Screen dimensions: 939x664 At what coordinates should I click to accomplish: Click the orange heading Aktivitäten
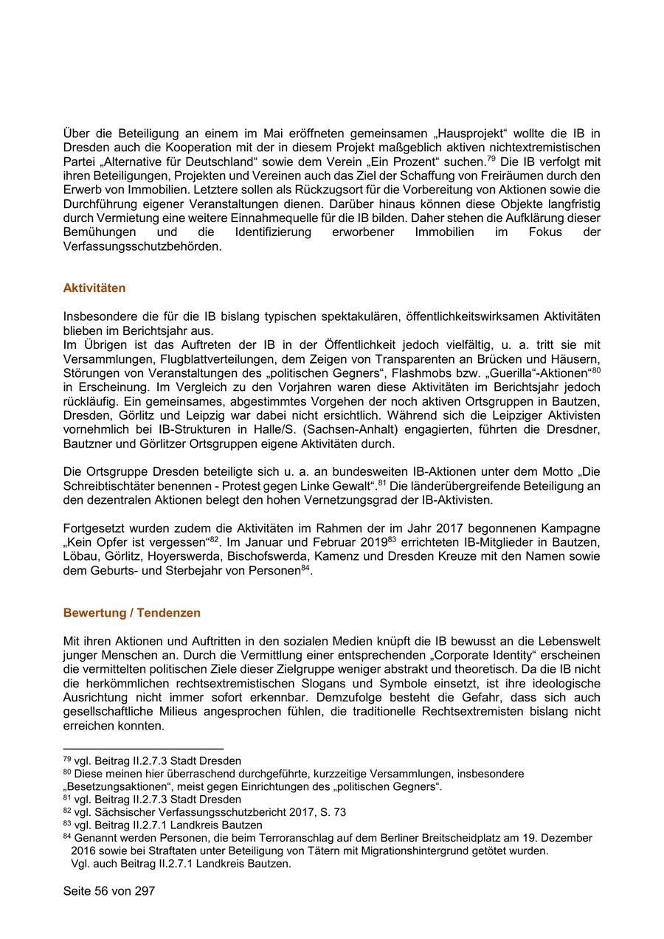coord(94,288)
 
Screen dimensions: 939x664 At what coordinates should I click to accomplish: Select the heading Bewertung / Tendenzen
coord(132,613)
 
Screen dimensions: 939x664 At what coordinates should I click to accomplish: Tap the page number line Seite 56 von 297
coord(109,891)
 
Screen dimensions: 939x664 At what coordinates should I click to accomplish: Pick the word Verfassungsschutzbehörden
coord(142,246)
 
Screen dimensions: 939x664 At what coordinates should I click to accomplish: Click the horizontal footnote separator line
coord(143,749)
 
